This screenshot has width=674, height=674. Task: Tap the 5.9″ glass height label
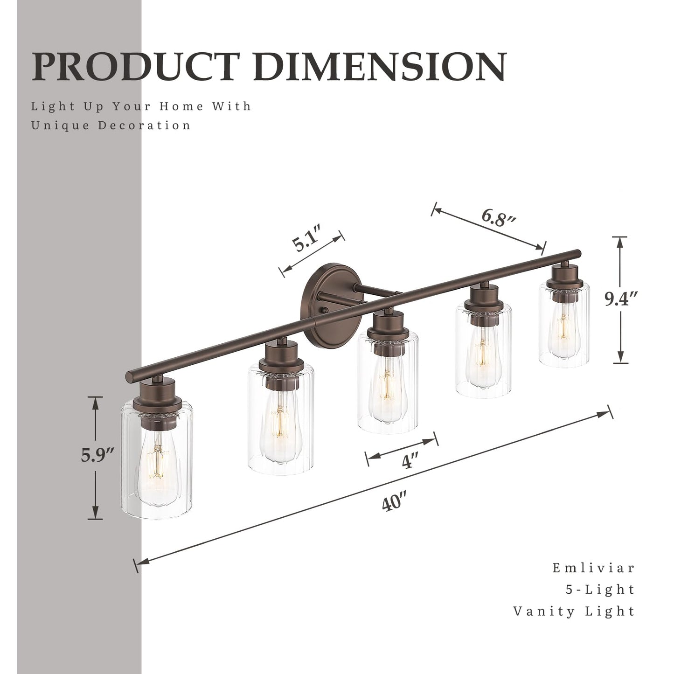[97, 455]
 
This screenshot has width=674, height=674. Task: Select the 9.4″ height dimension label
[620, 299]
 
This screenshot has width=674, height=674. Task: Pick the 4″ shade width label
[409, 462]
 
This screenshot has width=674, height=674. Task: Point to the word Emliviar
[593, 568]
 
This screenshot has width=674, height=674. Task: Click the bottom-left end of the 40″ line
[137, 565]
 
